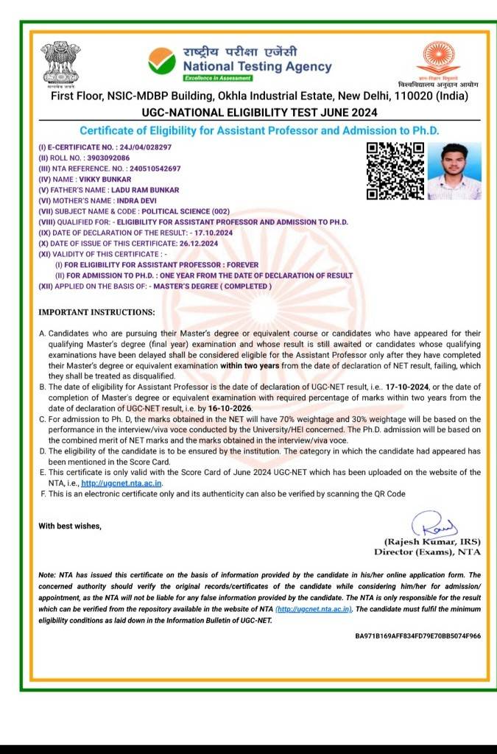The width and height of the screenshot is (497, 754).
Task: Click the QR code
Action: tap(395, 171)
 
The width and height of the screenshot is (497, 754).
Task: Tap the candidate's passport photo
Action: tap(454, 171)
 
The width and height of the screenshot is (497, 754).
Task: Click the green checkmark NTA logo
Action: tap(163, 60)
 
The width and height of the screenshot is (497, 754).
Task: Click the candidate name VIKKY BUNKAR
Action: tap(107, 179)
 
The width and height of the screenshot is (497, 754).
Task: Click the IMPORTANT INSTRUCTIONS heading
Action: tap(96, 312)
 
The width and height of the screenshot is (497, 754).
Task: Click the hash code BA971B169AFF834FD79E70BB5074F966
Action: tap(417, 635)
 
